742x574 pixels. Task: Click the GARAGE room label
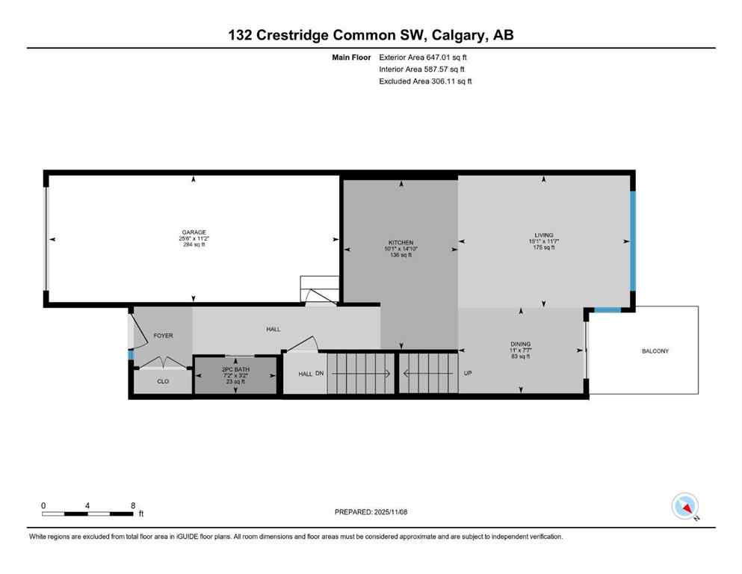click(x=192, y=232)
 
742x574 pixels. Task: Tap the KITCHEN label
click(x=401, y=242)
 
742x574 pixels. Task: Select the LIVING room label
click(x=543, y=235)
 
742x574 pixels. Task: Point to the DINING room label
click(x=520, y=343)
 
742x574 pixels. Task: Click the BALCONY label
click(x=655, y=351)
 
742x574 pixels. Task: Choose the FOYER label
click(x=163, y=336)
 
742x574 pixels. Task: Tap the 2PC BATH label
click(x=235, y=369)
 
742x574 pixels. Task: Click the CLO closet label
click(x=163, y=381)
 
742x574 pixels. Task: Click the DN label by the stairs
click(x=320, y=374)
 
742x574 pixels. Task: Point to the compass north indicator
click(x=685, y=507)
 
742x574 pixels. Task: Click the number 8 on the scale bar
click(x=132, y=505)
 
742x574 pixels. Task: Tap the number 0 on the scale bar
click(x=43, y=505)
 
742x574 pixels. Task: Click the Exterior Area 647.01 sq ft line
click(x=423, y=57)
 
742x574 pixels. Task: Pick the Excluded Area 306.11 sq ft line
click(x=425, y=81)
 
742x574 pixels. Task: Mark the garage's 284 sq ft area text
click(x=192, y=244)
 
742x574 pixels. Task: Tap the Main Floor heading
click(x=351, y=57)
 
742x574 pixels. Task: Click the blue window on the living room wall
click(x=631, y=241)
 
